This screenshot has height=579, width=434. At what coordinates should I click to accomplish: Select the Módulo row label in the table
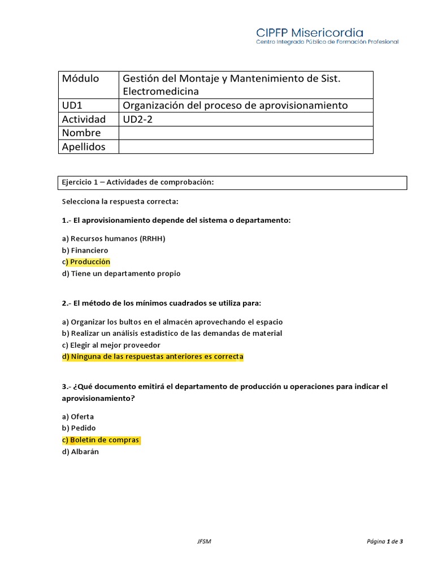80,79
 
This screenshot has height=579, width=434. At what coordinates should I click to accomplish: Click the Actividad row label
84,119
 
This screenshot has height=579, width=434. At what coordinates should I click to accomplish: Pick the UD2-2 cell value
137,119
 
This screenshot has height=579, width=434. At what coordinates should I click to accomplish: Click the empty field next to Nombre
245,133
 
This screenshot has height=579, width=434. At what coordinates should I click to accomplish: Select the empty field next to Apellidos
245,146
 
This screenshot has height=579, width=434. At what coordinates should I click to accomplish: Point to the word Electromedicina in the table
160,91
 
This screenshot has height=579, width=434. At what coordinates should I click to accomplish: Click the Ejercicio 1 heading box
233,183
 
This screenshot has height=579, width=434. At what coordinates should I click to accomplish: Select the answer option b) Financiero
85,250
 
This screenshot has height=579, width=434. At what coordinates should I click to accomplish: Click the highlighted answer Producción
89,262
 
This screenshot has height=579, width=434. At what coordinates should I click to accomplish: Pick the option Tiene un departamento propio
121,274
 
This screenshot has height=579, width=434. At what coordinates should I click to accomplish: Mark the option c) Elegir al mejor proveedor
111,345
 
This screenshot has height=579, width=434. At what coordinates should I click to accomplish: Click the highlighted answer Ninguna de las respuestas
153,357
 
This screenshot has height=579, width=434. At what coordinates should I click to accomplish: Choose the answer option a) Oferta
78,417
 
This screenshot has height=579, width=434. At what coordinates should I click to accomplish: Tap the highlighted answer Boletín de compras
101,440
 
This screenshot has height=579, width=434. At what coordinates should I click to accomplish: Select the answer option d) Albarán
80,452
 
